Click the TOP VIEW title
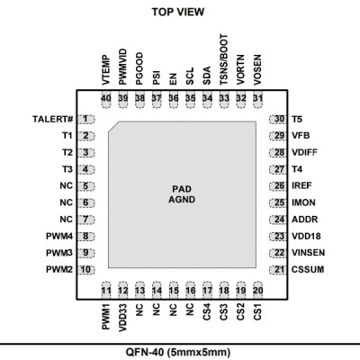pyautogui.click(x=178, y=12)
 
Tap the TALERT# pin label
pyautogui.click(x=53, y=119)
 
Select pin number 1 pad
pyautogui.click(x=85, y=119)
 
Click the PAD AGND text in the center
pyautogui.click(x=182, y=194)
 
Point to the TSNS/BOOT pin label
pyautogui.click(x=224, y=59)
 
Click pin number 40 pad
pyautogui.click(x=106, y=99)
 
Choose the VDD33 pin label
pyautogui.click(x=123, y=318)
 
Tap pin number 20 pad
pyautogui.click(x=257, y=291)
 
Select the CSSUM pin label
pyautogui.click(x=308, y=269)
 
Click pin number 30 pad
pyautogui.click(x=278, y=119)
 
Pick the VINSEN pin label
pyautogui.click(x=308, y=253)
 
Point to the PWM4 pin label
pyautogui.click(x=59, y=236)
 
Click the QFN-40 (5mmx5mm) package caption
pyautogui.click(x=178, y=352)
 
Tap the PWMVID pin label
pyautogui.click(x=123, y=67)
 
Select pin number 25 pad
pyautogui.click(x=278, y=202)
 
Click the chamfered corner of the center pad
pyautogui.click(x=113, y=127)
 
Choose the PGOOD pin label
pyautogui.click(x=139, y=68)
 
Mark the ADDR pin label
pyautogui.click(x=304, y=220)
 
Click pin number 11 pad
pyautogui.click(x=106, y=291)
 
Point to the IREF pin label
pyautogui.click(x=301, y=185)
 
